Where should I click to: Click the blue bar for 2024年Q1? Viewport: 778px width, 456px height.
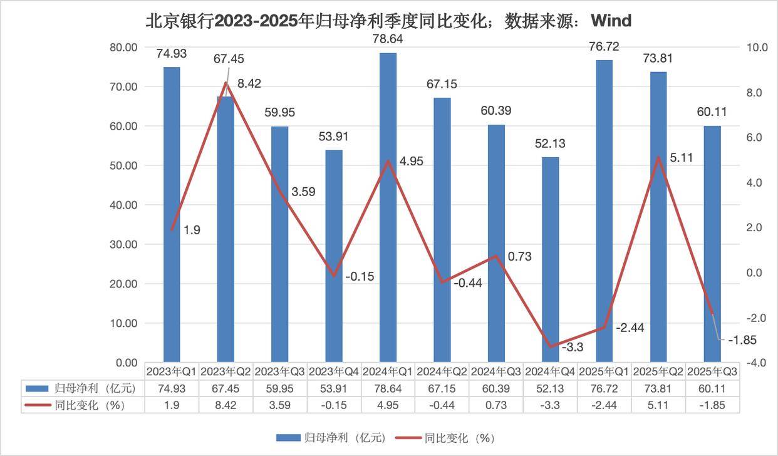pyautogui.click(x=388, y=207)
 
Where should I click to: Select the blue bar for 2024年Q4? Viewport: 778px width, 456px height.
pyautogui.click(x=550, y=259)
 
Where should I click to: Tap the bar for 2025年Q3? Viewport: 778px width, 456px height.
pyautogui.click(x=712, y=244)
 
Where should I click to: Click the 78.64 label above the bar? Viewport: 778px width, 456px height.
pyautogui.click(x=388, y=39)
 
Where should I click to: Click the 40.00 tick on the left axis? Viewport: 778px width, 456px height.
pyautogui.click(x=123, y=205)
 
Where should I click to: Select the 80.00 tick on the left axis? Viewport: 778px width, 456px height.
pyautogui.click(x=123, y=47)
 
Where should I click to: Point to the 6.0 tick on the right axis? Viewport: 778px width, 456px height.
pyautogui.click(x=752, y=137)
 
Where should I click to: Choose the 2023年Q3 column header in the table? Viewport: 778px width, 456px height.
pyautogui.click(x=279, y=371)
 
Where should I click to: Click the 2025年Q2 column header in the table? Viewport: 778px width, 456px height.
pyautogui.click(x=658, y=371)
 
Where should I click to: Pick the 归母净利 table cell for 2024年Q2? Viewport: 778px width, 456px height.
pyautogui.click(x=442, y=388)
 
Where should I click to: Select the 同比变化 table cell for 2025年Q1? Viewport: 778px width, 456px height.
pyautogui.click(x=604, y=405)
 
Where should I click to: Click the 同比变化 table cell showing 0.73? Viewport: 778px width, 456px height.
pyautogui.click(x=495, y=405)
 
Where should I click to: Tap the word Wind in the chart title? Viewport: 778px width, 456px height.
pyautogui.click(x=611, y=21)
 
